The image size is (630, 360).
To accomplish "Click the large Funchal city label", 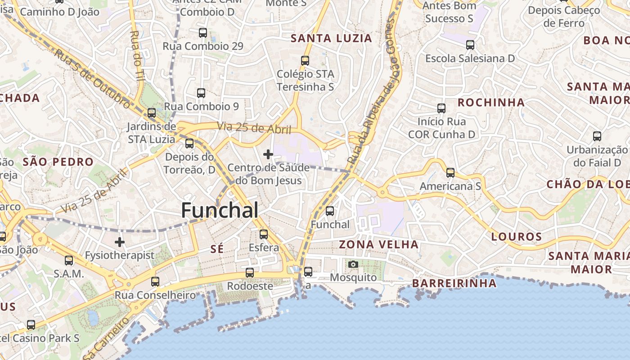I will (x=220, y=211).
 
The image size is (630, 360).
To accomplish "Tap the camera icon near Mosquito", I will (x=353, y=264).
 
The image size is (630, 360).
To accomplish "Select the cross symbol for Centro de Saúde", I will (x=268, y=155).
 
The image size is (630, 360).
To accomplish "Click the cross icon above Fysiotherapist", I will (x=120, y=242).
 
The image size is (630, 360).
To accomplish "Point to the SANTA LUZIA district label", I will (x=332, y=38).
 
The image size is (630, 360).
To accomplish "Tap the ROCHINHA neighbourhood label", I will (x=491, y=103).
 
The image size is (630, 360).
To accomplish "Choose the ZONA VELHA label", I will (x=379, y=245).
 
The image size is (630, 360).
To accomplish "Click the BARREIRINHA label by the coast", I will (x=454, y=283).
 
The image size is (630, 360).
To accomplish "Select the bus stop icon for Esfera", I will (x=264, y=234).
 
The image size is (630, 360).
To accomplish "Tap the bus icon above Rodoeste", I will (x=250, y=273).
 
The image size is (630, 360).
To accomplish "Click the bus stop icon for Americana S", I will (x=450, y=173).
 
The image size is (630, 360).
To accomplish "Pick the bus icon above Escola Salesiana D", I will (x=470, y=45).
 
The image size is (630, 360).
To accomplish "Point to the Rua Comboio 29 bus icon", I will (x=203, y=33).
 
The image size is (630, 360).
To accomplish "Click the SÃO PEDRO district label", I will (x=58, y=162).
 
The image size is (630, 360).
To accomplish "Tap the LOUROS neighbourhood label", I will (x=517, y=237).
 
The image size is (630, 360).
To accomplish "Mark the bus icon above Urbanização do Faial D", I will (x=597, y=136).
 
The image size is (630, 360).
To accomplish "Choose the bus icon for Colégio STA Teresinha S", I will (x=305, y=61).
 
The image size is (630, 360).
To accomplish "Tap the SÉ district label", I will (x=217, y=249).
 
